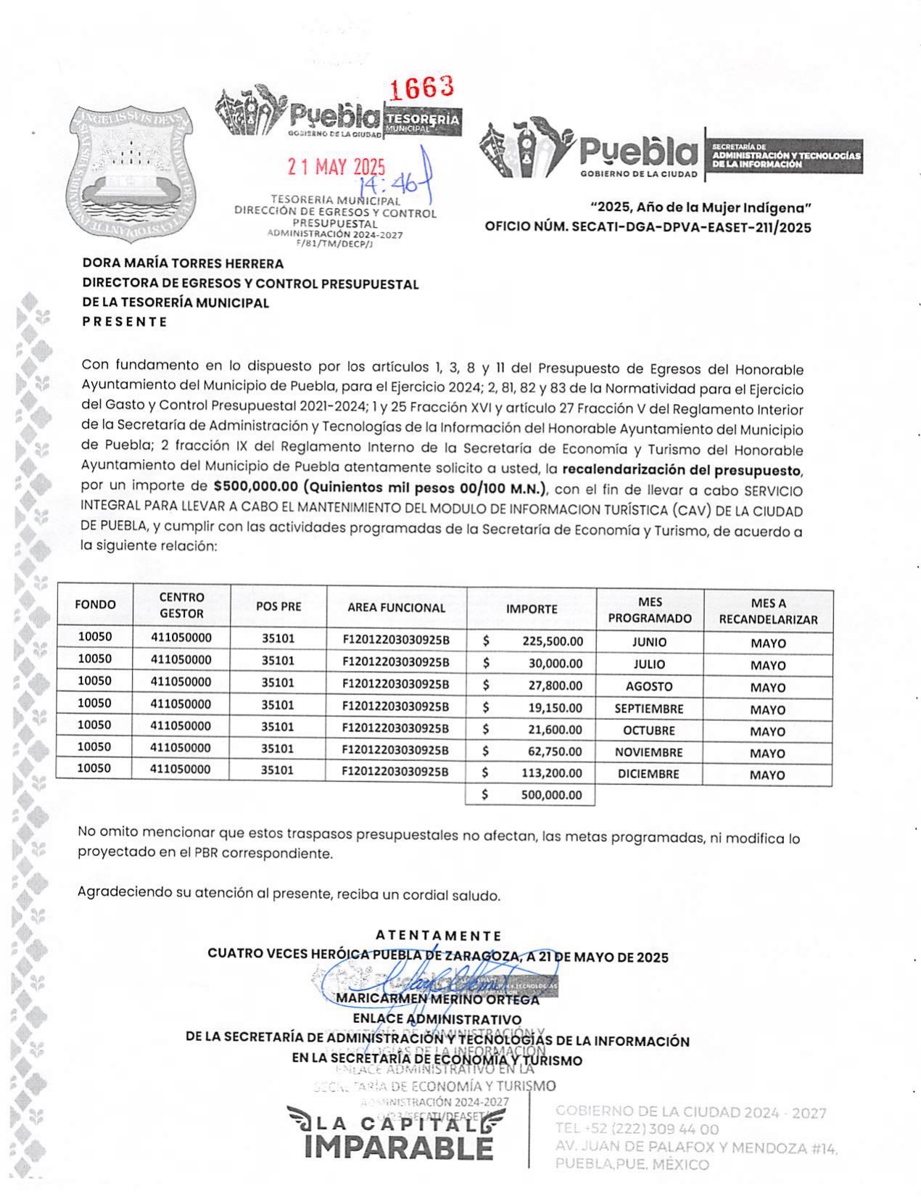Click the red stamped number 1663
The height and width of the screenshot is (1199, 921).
click(x=422, y=88)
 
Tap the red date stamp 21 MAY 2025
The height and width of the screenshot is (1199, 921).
click(x=336, y=167)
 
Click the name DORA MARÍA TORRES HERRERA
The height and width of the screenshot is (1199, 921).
click(x=183, y=264)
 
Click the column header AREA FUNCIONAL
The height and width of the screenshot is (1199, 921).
click(x=396, y=608)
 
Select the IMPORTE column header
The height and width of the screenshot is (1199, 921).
click(x=532, y=609)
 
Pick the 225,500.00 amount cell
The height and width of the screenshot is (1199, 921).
click(x=552, y=642)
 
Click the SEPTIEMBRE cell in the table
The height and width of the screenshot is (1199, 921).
click(x=649, y=709)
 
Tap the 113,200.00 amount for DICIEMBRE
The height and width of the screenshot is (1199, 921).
click(x=552, y=773)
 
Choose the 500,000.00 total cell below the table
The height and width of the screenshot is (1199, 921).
click(x=551, y=795)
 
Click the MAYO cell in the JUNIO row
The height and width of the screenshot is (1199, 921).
click(x=767, y=643)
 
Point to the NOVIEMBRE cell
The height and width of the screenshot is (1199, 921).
click(x=649, y=752)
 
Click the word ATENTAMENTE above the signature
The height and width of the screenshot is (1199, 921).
click(x=438, y=936)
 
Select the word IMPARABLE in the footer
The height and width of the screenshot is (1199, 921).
click(x=398, y=1148)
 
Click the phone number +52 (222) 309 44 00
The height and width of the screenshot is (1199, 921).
click(x=637, y=1129)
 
